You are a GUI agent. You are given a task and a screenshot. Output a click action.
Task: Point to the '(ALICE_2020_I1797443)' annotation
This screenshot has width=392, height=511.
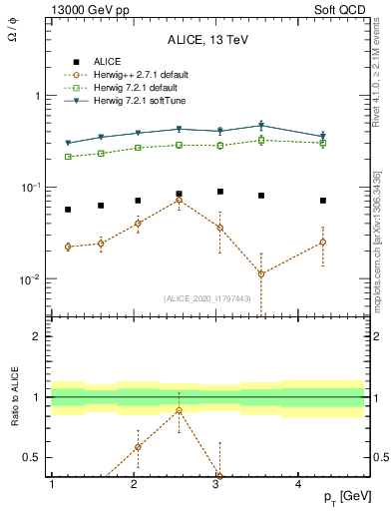[206, 298]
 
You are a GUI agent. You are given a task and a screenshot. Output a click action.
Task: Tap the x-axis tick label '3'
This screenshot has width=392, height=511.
[216, 484]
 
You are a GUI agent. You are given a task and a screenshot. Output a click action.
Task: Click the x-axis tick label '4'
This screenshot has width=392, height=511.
[299, 484]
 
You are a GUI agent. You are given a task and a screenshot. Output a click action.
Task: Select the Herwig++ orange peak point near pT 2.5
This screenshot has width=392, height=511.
[179, 200]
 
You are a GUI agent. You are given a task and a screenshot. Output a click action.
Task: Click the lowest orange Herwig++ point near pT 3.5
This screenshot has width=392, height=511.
[261, 273]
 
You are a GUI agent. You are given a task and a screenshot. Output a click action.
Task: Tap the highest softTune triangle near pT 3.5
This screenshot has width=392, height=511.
[261, 126]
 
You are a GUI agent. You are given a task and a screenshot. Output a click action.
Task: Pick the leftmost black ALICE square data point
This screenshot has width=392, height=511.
[68, 210]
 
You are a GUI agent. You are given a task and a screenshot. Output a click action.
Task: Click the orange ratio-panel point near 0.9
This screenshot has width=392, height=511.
[179, 410]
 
